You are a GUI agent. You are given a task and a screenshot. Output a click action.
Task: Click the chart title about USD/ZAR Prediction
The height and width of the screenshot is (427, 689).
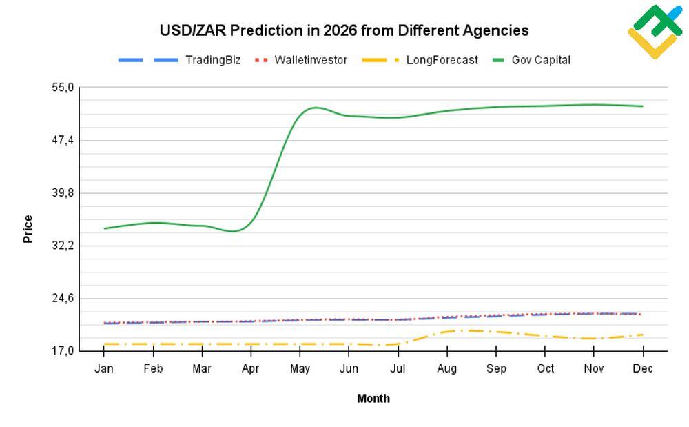point(344,30)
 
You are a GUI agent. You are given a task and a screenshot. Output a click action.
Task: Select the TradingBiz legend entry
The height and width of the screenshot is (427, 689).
point(212,60)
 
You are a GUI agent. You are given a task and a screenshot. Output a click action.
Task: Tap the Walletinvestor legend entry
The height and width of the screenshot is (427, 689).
point(311,60)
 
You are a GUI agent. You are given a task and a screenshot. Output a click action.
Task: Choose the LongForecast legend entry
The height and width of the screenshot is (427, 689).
point(442,60)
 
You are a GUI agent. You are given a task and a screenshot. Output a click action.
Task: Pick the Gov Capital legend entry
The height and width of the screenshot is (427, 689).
point(540,60)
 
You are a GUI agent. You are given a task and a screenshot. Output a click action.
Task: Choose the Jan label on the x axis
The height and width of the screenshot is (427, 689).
point(104,368)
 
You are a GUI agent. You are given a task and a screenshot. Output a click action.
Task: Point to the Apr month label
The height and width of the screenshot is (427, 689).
point(251,368)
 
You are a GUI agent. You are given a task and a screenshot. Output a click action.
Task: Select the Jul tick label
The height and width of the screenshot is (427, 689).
point(398,368)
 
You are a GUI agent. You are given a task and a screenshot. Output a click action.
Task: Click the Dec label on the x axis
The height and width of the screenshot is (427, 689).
point(642,368)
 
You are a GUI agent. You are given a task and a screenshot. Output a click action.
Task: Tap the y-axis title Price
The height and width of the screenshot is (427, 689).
point(28,229)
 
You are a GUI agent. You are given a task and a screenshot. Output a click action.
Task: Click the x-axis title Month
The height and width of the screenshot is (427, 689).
point(373,398)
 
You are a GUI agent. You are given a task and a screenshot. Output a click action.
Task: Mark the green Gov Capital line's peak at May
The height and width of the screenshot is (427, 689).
point(313,108)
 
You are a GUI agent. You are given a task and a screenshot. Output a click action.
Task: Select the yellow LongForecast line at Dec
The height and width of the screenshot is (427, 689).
point(642,335)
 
